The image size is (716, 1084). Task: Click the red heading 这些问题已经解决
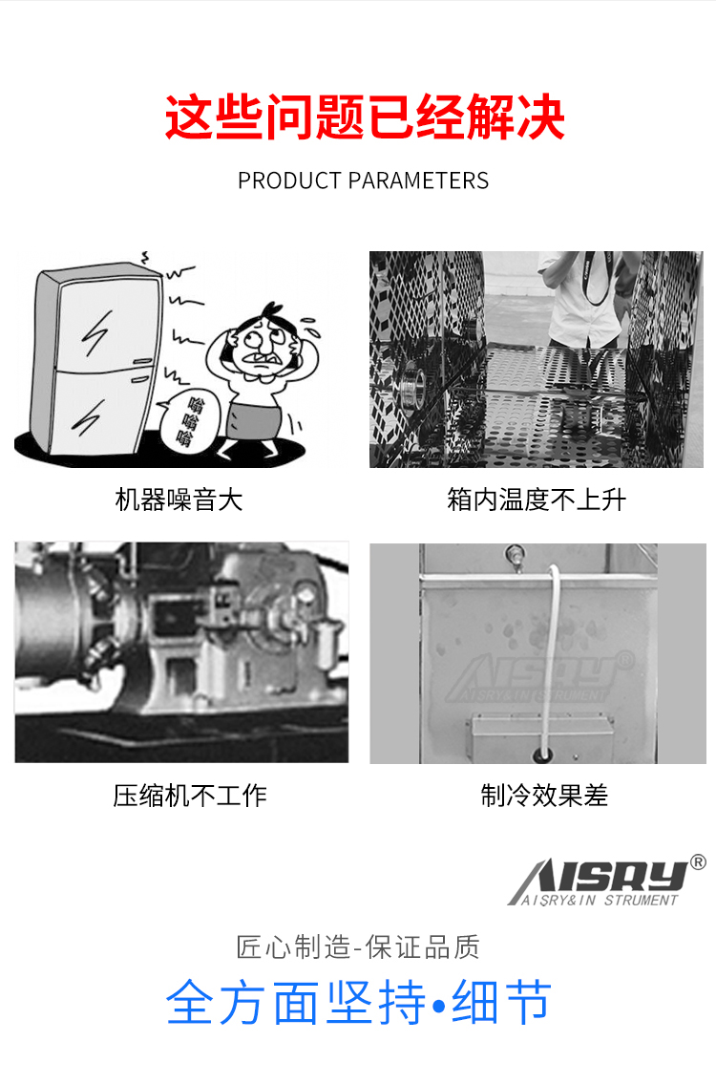pos(365,118)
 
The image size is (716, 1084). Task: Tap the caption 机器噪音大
pos(179,499)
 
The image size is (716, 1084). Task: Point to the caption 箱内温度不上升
pos(537,499)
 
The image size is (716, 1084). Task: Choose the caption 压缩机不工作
pos(190,796)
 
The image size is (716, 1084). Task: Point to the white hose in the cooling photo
pos(551,649)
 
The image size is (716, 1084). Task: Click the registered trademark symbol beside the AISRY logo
pos(698,862)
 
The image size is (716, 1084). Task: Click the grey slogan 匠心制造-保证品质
pos(358,947)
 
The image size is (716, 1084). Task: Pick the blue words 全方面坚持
pos(296,1003)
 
